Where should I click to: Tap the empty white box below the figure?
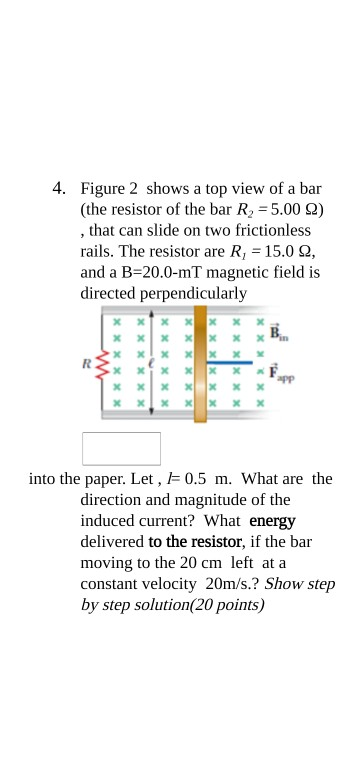pos(121,448)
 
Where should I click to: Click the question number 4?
pos(60,188)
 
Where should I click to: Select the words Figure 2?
pos(111,188)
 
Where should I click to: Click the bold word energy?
pos(272,521)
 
